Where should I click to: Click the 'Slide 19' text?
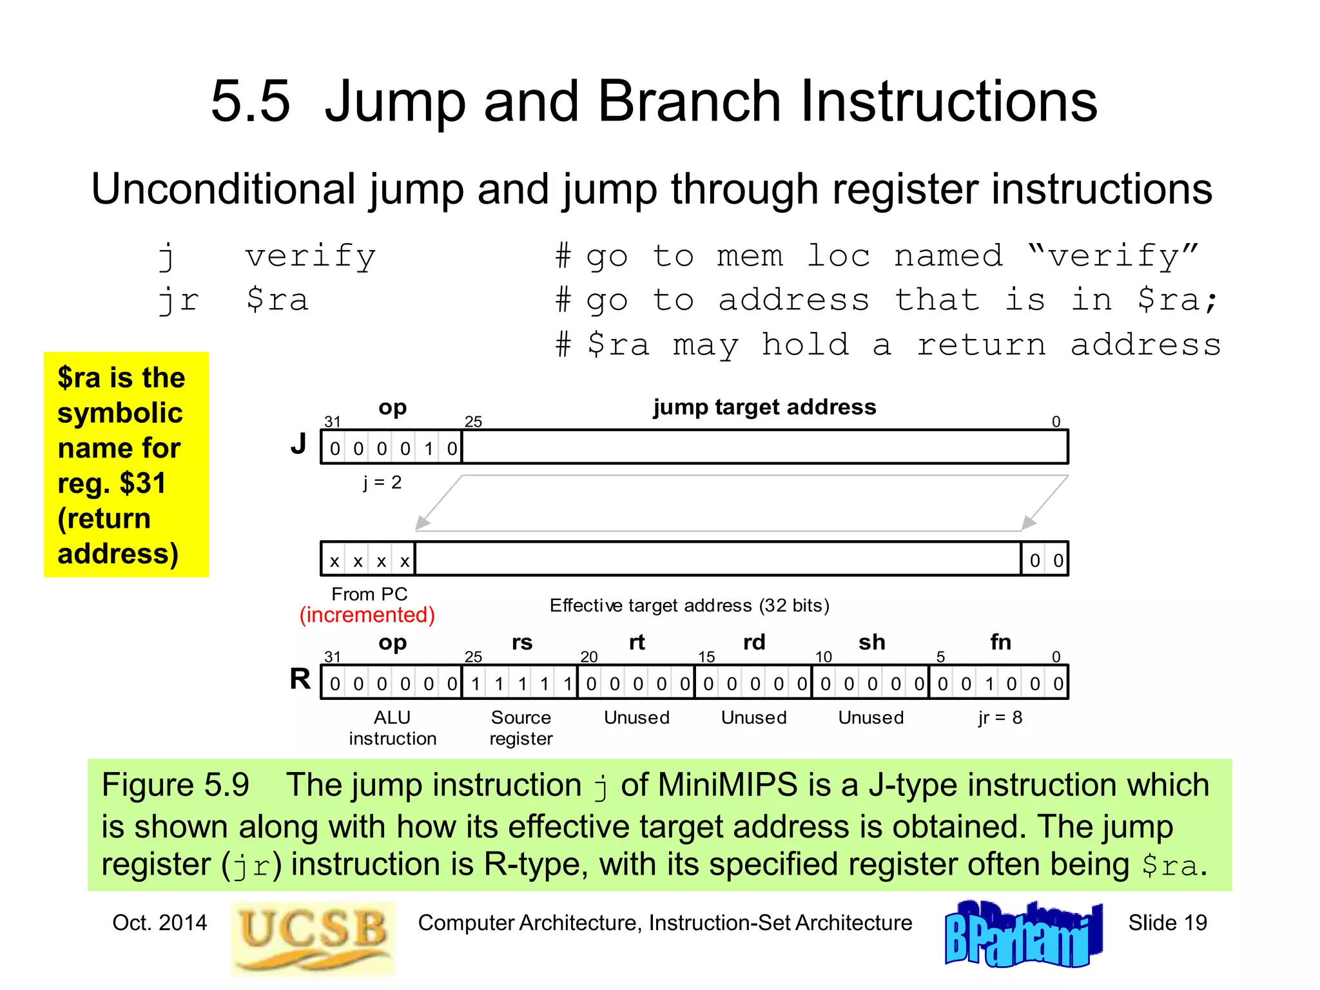[x=1167, y=923]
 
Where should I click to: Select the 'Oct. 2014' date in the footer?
[x=160, y=923]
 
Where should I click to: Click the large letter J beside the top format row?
[x=298, y=444]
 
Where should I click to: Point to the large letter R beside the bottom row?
[x=300, y=679]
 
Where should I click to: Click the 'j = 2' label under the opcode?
[x=382, y=482]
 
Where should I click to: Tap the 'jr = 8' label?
[x=1000, y=717]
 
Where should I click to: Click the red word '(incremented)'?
[x=367, y=615]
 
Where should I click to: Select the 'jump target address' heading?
[x=764, y=407]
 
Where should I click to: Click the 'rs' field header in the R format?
[x=522, y=642]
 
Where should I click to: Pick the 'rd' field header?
[x=754, y=642]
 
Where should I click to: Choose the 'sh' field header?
[x=871, y=642]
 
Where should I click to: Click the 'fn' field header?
[x=1000, y=642]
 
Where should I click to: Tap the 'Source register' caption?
[x=521, y=728]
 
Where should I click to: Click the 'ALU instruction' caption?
[x=393, y=728]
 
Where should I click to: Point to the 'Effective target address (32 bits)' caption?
[x=689, y=606]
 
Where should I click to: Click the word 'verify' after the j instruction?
[x=311, y=257]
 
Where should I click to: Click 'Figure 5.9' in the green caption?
[x=175, y=785]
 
